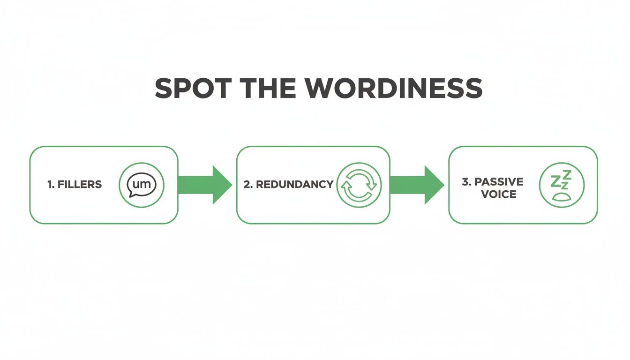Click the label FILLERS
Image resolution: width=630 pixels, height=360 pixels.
(79, 184)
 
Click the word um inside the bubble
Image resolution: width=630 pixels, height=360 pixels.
(142, 184)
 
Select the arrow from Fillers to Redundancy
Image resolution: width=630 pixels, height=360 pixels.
(204, 185)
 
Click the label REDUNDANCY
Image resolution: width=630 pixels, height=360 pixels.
(294, 184)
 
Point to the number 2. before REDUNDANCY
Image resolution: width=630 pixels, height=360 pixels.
(248, 184)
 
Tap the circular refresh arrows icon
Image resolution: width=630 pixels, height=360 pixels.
(359, 185)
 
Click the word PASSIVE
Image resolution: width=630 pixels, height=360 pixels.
(498, 181)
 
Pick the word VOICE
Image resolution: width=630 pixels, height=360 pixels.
(498, 194)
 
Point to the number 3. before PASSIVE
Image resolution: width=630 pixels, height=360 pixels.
(466, 181)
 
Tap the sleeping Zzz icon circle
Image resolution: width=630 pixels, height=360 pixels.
(562, 185)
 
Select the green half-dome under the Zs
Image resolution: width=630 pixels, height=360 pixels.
(561, 197)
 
